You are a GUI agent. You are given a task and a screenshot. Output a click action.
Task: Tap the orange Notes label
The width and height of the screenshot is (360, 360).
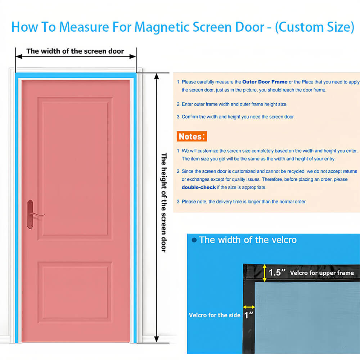tap(192, 136)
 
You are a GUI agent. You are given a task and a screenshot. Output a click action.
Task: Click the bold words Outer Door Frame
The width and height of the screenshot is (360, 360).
tap(265, 82)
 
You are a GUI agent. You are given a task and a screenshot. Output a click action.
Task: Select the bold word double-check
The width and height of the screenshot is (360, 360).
tap(199, 187)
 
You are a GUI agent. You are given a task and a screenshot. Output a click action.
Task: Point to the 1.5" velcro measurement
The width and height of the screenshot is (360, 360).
tap(277, 273)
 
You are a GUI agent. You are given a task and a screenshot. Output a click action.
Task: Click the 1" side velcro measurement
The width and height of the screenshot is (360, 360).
tap(249, 315)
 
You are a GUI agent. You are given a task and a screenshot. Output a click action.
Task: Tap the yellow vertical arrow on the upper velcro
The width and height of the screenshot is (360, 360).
tap(265, 273)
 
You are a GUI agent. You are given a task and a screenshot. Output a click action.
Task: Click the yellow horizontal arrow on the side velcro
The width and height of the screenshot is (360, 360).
tap(249, 307)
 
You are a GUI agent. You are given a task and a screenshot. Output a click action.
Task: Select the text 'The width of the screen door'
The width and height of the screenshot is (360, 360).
tap(75, 51)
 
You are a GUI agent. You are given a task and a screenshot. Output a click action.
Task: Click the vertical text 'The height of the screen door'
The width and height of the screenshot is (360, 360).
tap(164, 202)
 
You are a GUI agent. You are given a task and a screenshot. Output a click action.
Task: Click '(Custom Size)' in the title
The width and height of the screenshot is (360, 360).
tap(315, 27)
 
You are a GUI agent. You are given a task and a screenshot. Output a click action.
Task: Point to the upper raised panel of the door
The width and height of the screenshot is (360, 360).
tap(75, 168)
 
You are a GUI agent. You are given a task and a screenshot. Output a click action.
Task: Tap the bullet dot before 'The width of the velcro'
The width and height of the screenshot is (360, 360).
tap(194, 240)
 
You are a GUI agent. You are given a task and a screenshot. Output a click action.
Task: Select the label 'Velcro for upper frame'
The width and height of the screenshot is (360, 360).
tap(322, 273)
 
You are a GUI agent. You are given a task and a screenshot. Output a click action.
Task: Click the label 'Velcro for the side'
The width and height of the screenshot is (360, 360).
tap(215, 315)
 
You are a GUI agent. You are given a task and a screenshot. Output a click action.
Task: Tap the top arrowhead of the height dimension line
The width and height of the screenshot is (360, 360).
tap(157, 76)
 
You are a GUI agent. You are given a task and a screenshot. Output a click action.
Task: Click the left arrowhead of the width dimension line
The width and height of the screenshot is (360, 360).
tap(19, 57)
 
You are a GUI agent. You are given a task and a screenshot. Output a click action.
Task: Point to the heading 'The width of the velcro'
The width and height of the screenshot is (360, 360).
tap(248, 240)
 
